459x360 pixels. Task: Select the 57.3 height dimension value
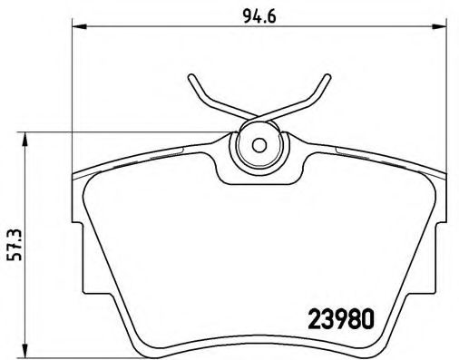click(13, 243)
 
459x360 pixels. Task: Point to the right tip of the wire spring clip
click(325, 77)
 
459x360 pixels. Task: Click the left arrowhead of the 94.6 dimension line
click(76, 28)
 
